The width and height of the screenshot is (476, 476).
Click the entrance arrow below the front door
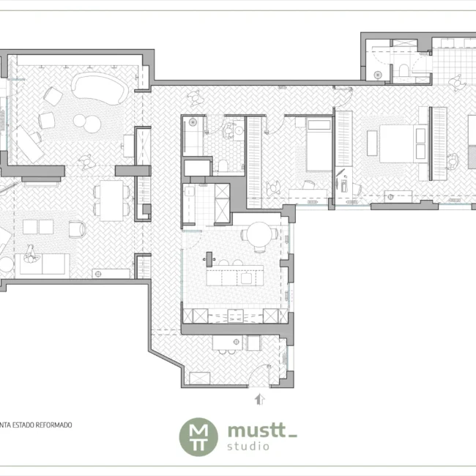pyautogui.click(x=259, y=400)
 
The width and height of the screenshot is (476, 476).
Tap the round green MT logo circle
pyautogui.click(x=198, y=437)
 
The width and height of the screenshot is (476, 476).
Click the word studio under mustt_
pyautogui.click(x=248, y=446)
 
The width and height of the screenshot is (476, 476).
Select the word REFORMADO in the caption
pyautogui.click(x=54, y=425)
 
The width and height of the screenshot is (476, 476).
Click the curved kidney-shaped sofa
pyautogui.click(x=100, y=88)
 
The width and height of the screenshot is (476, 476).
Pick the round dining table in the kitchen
pyautogui.click(x=259, y=234)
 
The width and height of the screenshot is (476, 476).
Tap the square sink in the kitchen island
pyautogui.click(x=246, y=278)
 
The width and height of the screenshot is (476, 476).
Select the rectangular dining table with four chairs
pyautogui.click(x=111, y=201)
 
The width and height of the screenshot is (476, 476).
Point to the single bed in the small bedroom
pyautogui.click(x=319, y=145)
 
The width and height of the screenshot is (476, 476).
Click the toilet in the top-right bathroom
pyautogui.click(x=404, y=70)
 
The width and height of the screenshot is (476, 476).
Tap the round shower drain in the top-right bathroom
pyautogui.click(x=377, y=75)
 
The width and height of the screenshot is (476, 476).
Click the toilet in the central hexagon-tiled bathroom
pyautogui.click(x=223, y=166)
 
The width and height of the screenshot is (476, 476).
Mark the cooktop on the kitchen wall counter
pyautogui.click(x=236, y=316)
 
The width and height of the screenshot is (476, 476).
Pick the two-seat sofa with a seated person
pyautogui.click(x=42, y=264)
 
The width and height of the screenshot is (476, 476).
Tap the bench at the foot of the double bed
pyautogui.click(x=372, y=143)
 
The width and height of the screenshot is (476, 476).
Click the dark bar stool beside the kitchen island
pyautogui.click(x=209, y=259)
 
